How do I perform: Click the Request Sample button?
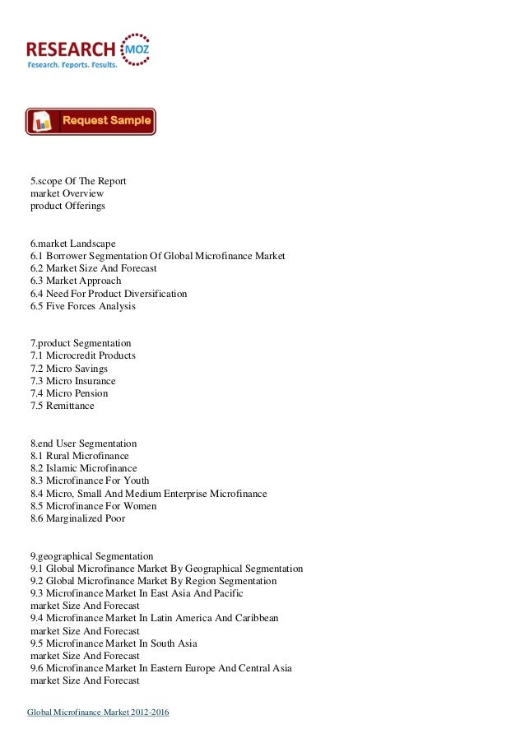(x=91, y=121)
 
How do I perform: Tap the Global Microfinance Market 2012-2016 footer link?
(x=99, y=711)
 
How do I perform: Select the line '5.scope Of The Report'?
(x=78, y=181)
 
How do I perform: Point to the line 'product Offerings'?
(x=67, y=206)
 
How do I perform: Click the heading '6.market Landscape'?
(x=73, y=244)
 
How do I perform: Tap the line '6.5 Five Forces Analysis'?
(x=83, y=306)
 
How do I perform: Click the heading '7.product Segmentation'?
(x=81, y=343)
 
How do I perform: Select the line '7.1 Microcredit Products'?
(x=83, y=355)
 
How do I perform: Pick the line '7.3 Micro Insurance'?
(x=73, y=381)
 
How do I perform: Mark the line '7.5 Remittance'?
(x=63, y=406)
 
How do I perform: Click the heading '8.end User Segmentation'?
(x=83, y=443)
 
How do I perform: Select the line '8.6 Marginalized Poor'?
(x=78, y=518)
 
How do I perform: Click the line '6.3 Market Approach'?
(x=76, y=281)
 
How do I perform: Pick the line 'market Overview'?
(x=67, y=193)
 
